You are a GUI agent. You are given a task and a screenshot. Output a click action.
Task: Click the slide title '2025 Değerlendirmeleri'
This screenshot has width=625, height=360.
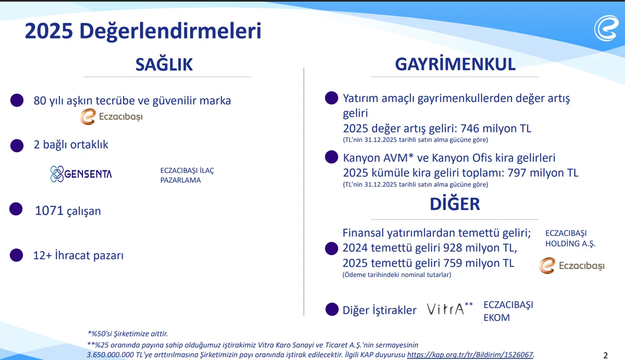click(143, 31)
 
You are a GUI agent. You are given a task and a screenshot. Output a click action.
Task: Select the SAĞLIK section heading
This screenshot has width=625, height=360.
click(164, 64)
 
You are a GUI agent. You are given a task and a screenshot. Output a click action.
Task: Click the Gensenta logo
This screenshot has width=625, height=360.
click(81, 174)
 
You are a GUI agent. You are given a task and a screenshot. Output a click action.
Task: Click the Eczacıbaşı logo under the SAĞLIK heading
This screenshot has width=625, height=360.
click(111, 117)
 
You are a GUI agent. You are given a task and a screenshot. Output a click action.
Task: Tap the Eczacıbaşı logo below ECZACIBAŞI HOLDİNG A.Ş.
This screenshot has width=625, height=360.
click(572, 266)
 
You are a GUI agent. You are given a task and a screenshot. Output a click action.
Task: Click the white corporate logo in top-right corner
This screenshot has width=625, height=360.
click(606, 28)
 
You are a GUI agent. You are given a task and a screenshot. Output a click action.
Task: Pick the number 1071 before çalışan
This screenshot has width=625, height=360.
click(49, 211)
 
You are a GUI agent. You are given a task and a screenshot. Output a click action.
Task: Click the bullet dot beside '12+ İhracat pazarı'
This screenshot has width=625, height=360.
click(17, 255)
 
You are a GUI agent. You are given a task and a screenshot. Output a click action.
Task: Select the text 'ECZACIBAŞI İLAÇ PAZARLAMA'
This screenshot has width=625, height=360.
click(187, 175)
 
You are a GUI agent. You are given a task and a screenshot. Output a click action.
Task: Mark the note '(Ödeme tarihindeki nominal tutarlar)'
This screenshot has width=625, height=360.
click(397, 275)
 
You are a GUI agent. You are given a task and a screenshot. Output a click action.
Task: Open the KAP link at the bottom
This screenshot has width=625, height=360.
click(470, 354)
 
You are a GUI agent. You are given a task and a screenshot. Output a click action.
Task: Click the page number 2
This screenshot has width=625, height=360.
click(605, 356)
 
